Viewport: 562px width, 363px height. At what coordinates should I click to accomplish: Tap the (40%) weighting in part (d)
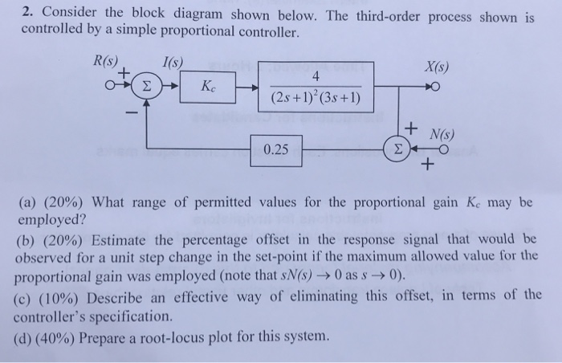coord(53,335)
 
